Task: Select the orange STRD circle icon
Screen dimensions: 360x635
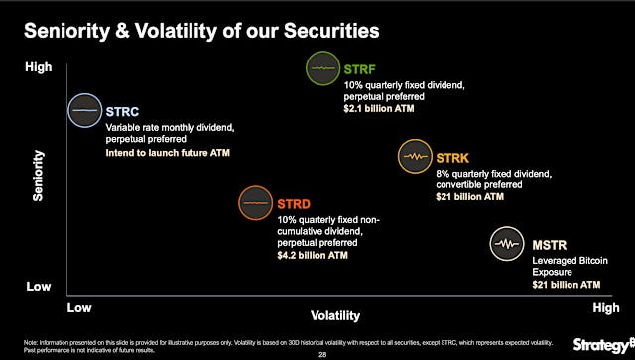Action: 256,202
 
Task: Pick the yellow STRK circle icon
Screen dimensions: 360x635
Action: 415,156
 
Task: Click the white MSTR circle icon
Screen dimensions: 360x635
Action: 508,243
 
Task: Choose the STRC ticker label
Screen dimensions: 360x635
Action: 124,110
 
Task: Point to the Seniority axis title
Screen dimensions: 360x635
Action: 39,178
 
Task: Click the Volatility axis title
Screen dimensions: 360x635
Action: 335,316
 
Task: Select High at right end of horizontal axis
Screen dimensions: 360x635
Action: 605,308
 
